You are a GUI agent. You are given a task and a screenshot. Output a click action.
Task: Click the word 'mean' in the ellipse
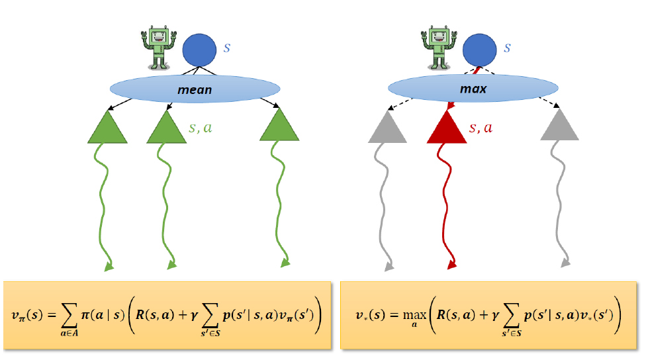tap(195, 89)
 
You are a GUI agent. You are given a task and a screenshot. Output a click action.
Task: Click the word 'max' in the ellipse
tap(473, 89)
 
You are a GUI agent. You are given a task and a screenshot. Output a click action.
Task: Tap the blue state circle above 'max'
tap(480, 51)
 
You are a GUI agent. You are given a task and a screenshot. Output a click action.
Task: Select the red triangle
tap(447, 128)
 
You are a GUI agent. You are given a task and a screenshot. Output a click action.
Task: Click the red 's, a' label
tap(481, 128)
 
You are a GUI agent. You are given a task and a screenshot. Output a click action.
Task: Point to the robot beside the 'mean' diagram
tap(158, 47)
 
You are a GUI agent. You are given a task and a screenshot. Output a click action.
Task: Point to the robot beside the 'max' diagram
tap(438, 47)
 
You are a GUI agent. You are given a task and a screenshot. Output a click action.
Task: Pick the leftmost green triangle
tap(107, 128)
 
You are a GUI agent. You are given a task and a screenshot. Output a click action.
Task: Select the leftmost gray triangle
tap(387, 128)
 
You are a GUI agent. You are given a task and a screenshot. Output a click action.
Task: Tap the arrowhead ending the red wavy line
tap(452, 265)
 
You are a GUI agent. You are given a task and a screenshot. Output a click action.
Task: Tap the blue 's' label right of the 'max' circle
tap(508, 48)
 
